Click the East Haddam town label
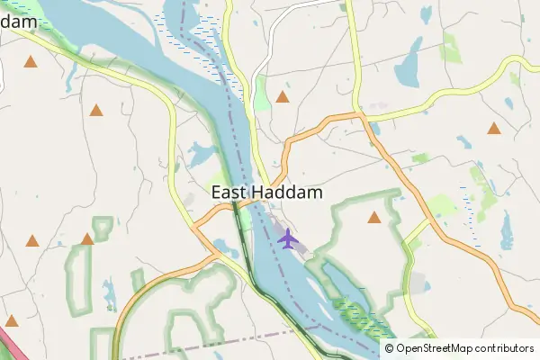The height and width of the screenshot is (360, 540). (x=267, y=193)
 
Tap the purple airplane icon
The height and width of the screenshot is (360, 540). (x=287, y=239)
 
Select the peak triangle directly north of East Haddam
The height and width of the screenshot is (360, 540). (x=283, y=96)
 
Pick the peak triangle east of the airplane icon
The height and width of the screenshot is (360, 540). (x=374, y=217)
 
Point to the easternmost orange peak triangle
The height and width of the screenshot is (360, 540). (x=494, y=128)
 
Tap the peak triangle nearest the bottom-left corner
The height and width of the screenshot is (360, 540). (x=12, y=320)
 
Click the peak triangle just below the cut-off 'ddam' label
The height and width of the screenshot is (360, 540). (x=31, y=62)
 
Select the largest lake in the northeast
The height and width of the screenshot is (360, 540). (x=408, y=66)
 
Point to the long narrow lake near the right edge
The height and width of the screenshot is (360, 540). (x=506, y=231)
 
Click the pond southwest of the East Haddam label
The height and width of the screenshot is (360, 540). (x=221, y=246)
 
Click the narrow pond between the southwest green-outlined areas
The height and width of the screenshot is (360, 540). (x=110, y=292)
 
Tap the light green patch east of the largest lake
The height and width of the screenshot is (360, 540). (x=451, y=49)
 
